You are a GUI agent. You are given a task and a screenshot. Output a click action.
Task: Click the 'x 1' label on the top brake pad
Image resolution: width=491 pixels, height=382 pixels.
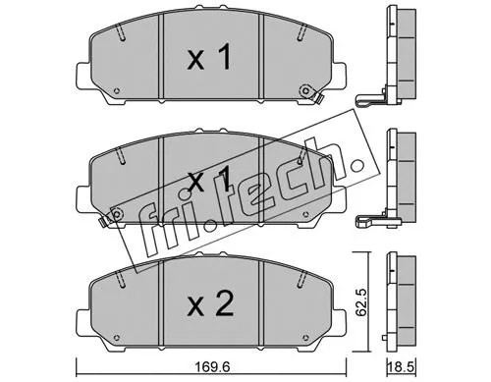(x=208, y=60)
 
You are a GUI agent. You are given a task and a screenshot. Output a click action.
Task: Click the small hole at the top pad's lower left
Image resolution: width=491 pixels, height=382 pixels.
(x=117, y=93)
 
